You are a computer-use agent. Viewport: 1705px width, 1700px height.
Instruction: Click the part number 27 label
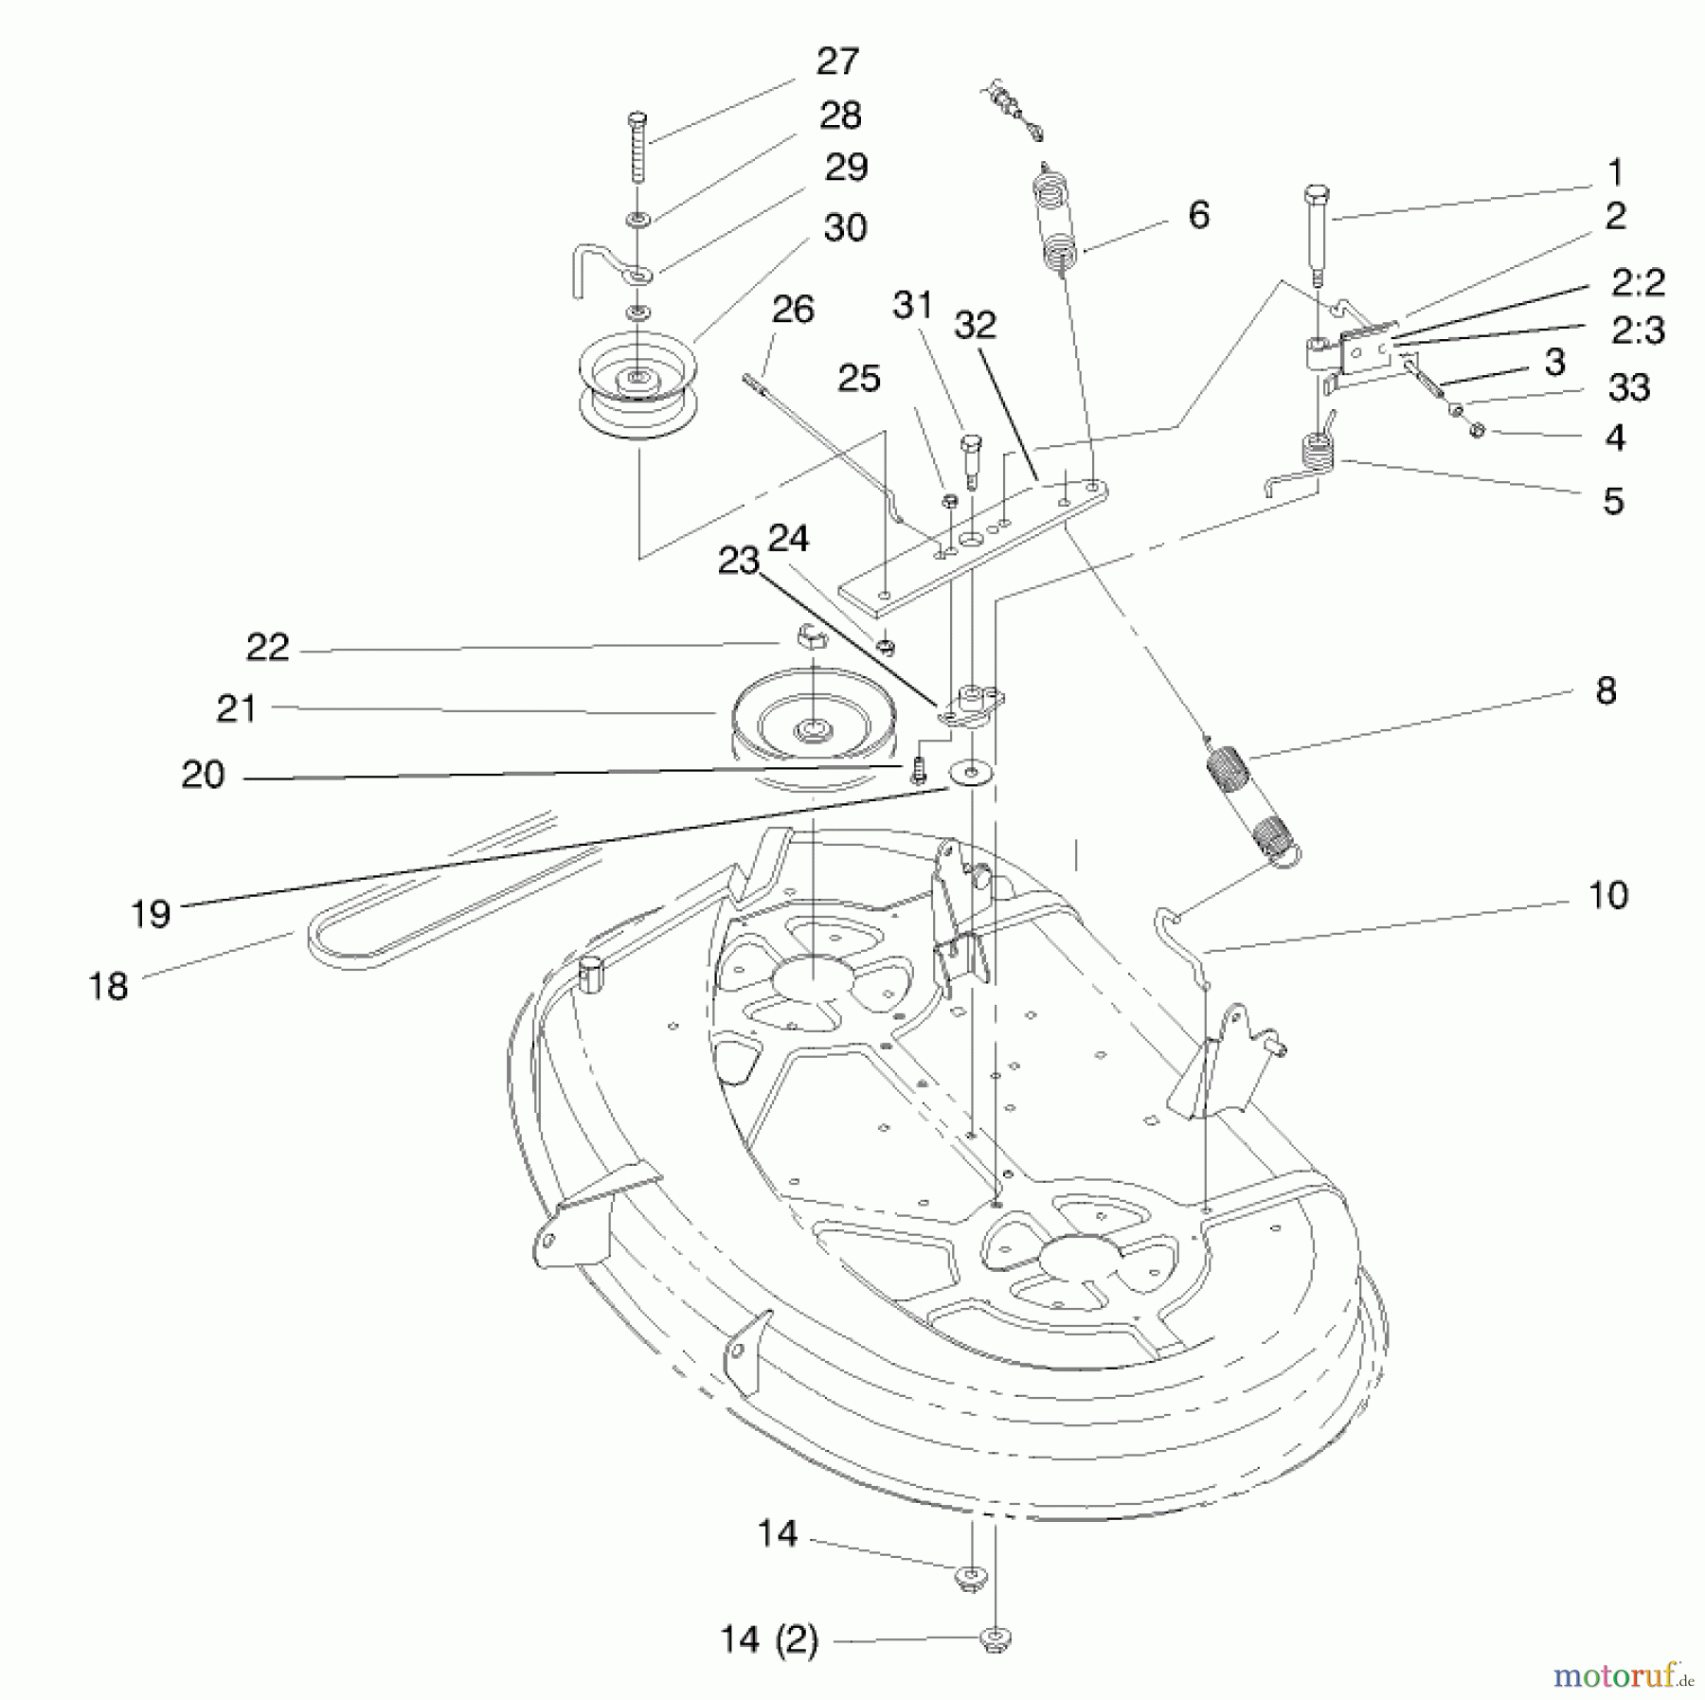coord(836,62)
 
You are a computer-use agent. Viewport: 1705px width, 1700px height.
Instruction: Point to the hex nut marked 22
coord(800,635)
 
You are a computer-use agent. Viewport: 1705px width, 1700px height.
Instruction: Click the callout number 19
coord(151,914)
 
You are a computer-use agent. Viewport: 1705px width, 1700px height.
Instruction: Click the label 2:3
coord(1638,331)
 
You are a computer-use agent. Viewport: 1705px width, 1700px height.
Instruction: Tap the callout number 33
coord(1628,387)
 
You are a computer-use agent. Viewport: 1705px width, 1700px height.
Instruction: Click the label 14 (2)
coord(768,1639)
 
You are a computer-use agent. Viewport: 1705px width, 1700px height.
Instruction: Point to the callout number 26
coord(793,310)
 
